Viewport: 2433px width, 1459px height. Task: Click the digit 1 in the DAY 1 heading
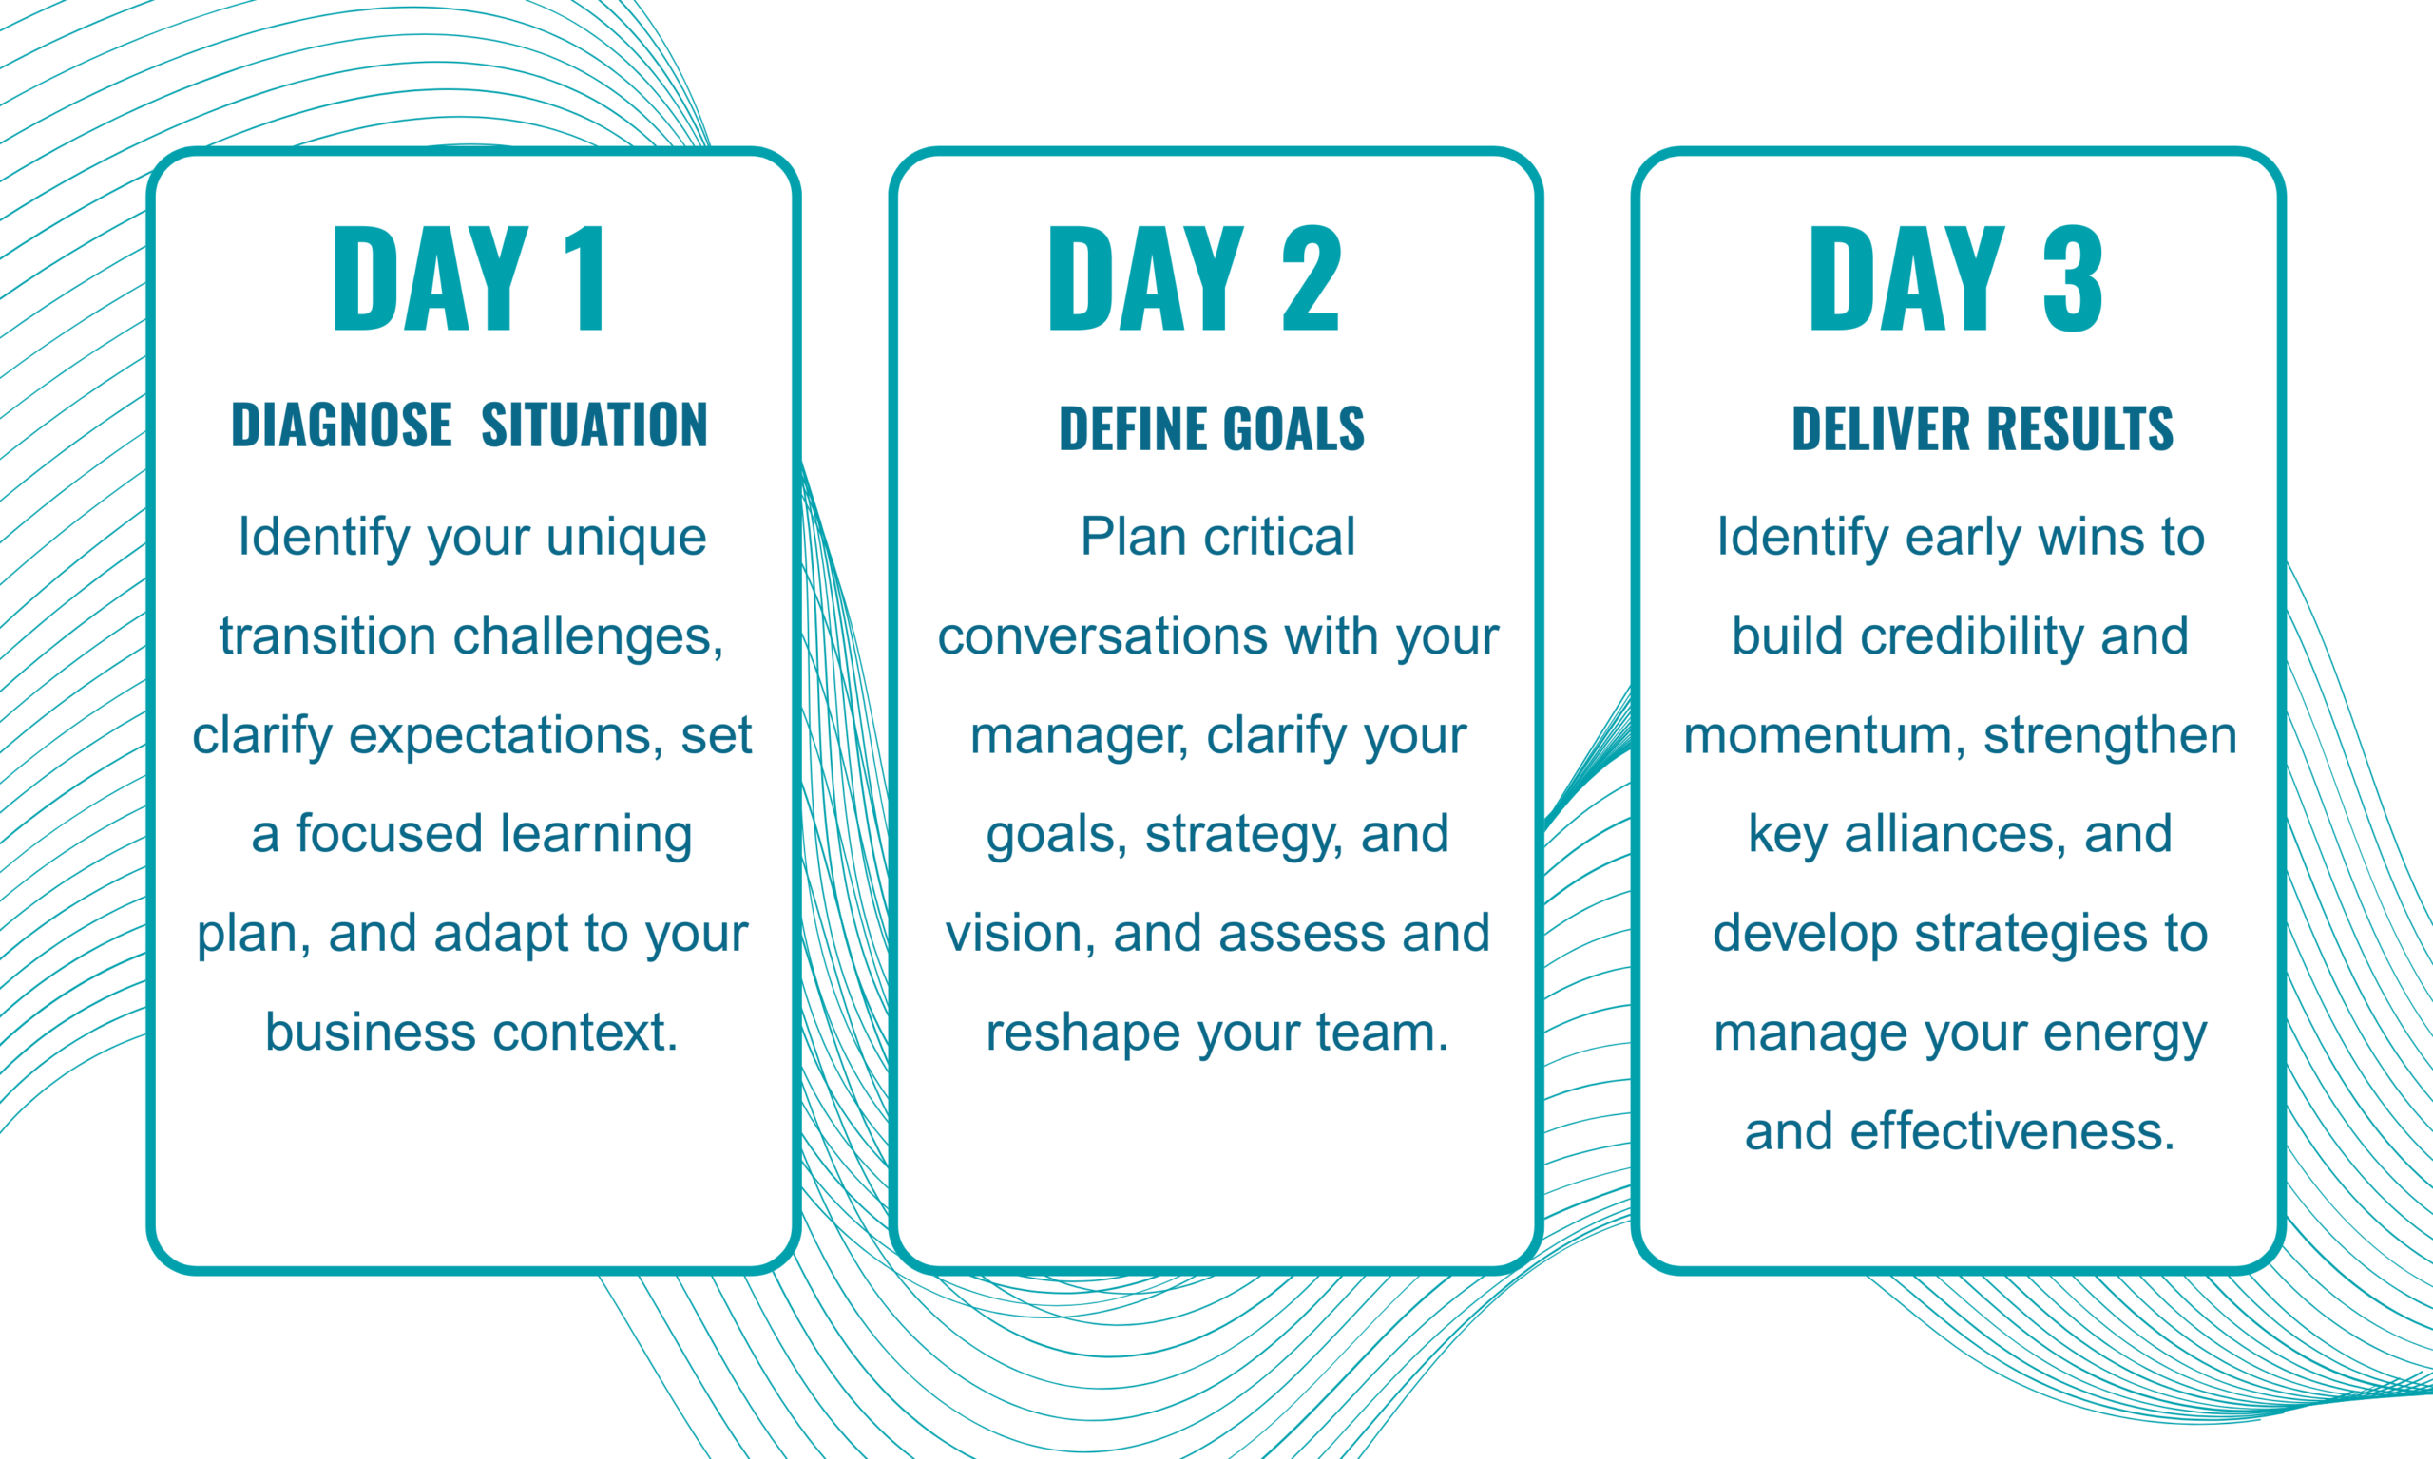pyautogui.click(x=587, y=278)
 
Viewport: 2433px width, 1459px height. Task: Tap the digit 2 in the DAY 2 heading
pyautogui.click(x=1311, y=278)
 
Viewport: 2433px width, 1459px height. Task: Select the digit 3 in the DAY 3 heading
pyautogui.click(x=2072, y=278)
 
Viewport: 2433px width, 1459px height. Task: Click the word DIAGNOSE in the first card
pyautogui.click(x=341, y=425)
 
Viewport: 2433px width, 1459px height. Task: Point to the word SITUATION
pyautogui.click(x=594, y=425)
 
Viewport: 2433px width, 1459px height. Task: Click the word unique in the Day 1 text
pyautogui.click(x=626, y=537)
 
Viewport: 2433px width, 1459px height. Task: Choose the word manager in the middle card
pyautogui.click(x=1079, y=735)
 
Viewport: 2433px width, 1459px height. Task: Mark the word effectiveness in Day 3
pyautogui.click(x=2012, y=1131)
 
